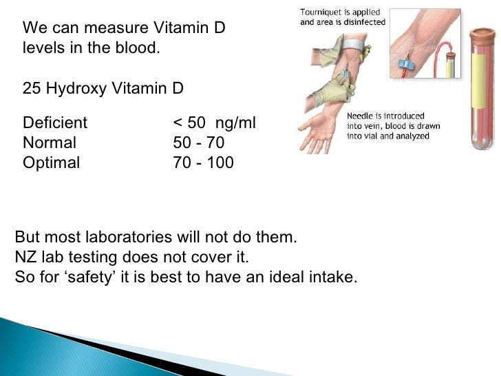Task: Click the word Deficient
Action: tap(55, 123)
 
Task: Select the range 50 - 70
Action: tap(199, 143)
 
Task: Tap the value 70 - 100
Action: tap(204, 163)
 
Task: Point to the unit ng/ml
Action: tap(235, 123)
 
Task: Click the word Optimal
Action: tap(51, 163)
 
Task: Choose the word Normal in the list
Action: tap(50, 143)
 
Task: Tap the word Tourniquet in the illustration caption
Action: tap(323, 12)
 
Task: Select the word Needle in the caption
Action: tap(363, 116)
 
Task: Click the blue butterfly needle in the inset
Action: tap(404, 67)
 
